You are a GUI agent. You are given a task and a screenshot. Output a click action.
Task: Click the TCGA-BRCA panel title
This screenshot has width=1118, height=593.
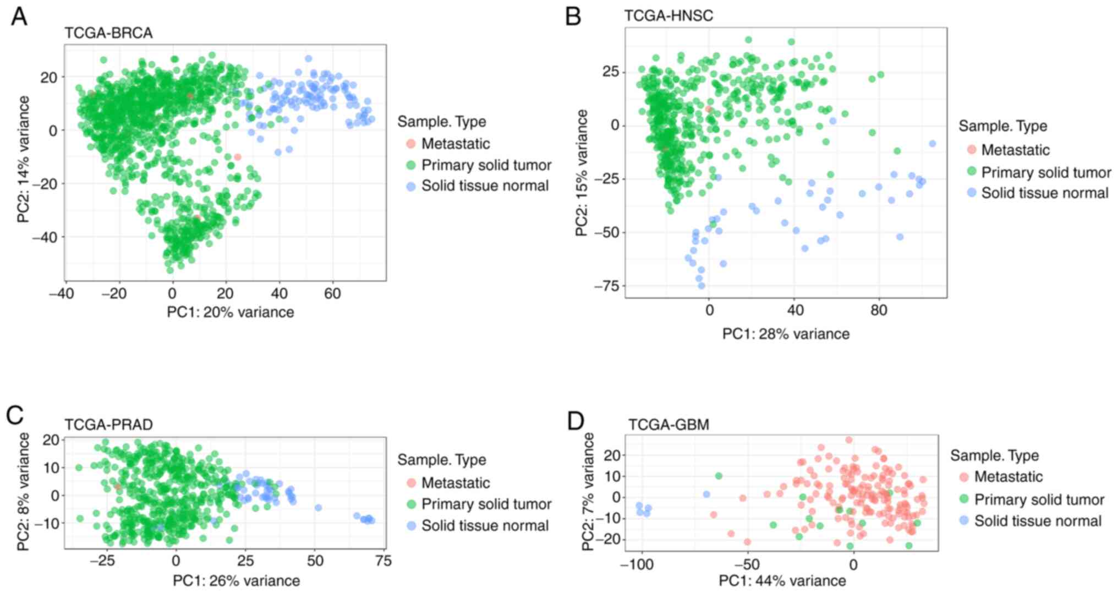[x=108, y=33]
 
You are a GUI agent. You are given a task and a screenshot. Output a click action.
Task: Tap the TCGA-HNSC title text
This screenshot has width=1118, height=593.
[x=668, y=16]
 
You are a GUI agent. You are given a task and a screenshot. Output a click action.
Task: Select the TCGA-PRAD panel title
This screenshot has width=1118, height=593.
[x=108, y=425]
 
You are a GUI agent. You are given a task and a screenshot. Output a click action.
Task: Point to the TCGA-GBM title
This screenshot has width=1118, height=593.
[x=668, y=425]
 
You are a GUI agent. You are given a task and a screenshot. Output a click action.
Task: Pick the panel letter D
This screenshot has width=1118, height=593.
[x=575, y=422]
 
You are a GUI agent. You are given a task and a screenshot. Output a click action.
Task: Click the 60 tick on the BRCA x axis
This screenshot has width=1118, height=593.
[x=332, y=294]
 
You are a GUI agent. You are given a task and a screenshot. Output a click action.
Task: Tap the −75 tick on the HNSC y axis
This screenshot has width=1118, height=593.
[x=606, y=286]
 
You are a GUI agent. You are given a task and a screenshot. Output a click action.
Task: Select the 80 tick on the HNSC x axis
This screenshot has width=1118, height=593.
[x=879, y=311]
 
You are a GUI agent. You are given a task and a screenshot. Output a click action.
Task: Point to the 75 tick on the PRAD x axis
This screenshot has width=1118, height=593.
[x=383, y=561]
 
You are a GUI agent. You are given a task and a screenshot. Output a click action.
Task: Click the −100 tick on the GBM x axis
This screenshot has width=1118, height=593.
[x=637, y=565]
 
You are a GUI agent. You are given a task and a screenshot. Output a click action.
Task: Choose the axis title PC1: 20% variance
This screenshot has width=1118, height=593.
[x=230, y=312]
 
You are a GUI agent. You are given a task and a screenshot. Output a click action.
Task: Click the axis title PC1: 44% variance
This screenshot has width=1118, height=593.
[x=782, y=581]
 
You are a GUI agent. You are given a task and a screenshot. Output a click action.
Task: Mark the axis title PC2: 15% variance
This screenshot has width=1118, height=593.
[x=582, y=173]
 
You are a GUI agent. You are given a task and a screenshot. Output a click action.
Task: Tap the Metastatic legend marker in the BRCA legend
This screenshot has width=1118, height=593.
[x=410, y=144]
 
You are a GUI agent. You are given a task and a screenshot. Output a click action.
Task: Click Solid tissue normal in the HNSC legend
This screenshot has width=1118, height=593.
[x=1044, y=193]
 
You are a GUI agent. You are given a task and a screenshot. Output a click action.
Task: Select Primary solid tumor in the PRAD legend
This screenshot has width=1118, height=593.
[x=486, y=504]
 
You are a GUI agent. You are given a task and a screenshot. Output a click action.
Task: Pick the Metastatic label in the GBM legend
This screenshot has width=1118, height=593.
[x=1008, y=477]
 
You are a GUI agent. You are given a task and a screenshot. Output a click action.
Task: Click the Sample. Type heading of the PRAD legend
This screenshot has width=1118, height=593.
[x=441, y=460]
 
